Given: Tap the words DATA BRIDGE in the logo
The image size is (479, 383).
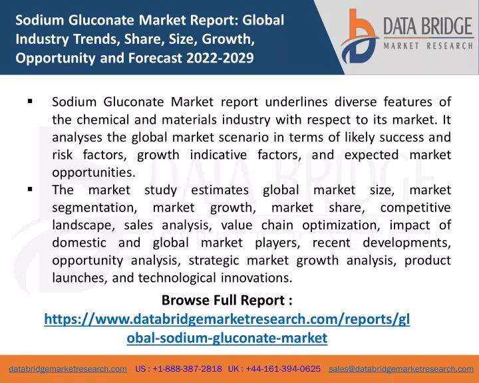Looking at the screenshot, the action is (428, 27).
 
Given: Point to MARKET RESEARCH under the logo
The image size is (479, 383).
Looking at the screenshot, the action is (428, 46).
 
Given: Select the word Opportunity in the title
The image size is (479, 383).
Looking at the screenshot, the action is (55, 58).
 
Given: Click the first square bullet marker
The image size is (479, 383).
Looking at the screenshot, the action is (30, 101).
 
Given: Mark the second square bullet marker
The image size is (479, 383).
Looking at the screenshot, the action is (30, 190).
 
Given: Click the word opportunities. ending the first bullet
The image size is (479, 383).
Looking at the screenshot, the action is (94, 173).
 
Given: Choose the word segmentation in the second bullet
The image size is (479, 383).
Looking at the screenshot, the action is (94, 208).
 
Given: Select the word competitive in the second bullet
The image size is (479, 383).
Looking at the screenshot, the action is (415, 207).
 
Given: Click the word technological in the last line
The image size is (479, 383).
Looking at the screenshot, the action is (177, 278).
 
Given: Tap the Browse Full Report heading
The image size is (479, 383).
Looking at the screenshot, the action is (227, 301).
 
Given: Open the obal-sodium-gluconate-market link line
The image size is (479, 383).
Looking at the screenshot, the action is (227, 338).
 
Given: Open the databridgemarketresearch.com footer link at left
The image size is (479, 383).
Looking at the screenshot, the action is (68, 369).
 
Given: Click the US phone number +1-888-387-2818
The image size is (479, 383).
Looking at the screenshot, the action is (187, 369).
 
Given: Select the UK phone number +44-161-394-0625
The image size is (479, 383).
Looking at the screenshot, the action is (283, 369).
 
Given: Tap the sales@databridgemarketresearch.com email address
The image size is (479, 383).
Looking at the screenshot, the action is (401, 369).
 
